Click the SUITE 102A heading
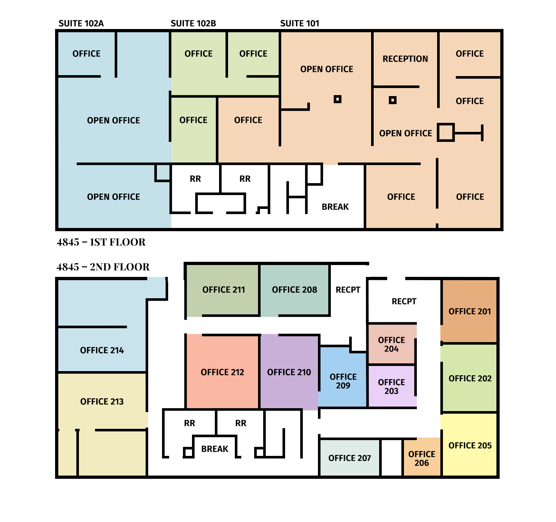(x=81, y=23)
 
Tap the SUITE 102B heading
(x=193, y=23)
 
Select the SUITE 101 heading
(x=300, y=23)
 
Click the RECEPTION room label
(x=405, y=59)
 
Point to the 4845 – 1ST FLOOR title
(x=101, y=242)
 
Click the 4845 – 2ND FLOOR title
(x=103, y=267)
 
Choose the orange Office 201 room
(x=469, y=311)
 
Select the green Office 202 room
(x=469, y=378)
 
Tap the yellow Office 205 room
(x=469, y=445)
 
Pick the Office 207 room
(x=350, y=458)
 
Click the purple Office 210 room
(x=289, y=372)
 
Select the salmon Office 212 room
(x=223, y=372)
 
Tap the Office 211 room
(x=223, y=290)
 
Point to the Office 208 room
(x=294, y=290)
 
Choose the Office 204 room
(x=392, y=344)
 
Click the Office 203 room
(x=392, y=386)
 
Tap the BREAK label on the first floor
(x=335, y=207)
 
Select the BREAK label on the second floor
(x=215, y=449)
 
